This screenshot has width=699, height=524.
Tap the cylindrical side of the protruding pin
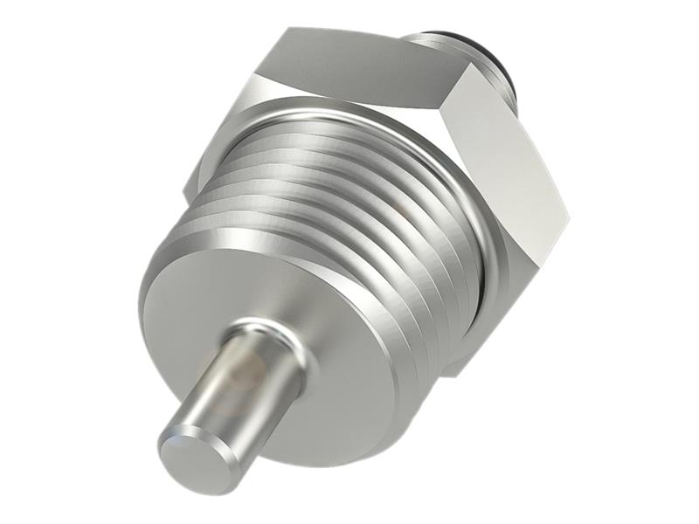click(x=245, y=384)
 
